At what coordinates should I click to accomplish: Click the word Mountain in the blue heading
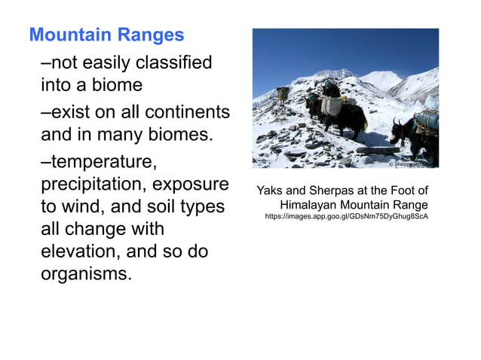coord(64,35)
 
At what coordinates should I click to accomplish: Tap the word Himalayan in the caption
coord(311,204)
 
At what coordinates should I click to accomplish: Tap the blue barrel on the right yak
coord(427,118)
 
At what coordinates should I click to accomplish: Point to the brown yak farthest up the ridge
coord(282,94)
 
